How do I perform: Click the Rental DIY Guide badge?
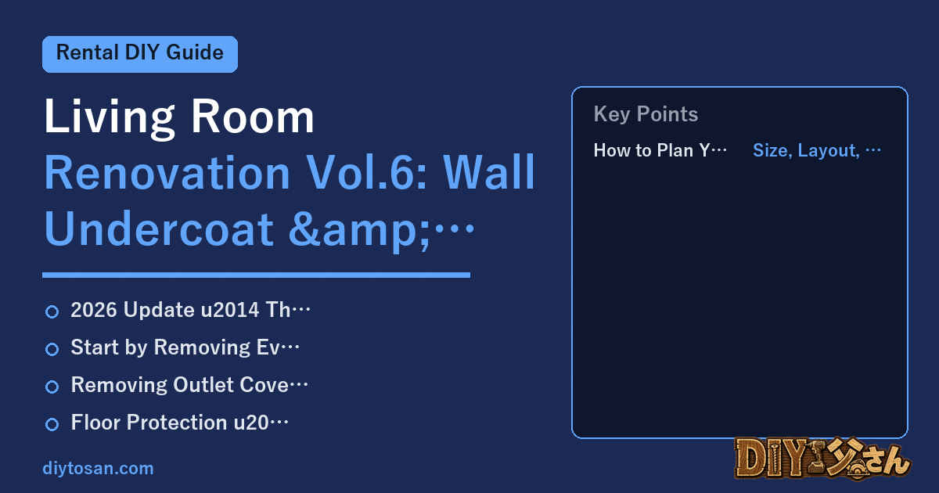[140, 54]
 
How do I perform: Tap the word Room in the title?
[252, 117]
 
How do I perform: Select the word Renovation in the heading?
[167, 173]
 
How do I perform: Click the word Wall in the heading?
[489, 172]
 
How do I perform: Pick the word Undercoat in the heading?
[159, 229]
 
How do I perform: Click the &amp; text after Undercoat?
[359, 230]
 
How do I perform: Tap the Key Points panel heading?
[646, 114]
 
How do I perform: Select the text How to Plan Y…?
[660, 150]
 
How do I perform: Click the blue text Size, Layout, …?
[817, 150]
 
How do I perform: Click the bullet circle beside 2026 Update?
[52, 311]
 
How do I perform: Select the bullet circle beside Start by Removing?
[52, 349]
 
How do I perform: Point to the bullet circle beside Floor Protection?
[52, 424]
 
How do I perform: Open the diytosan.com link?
[98, 468]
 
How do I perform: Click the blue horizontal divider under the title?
[256, 275]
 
